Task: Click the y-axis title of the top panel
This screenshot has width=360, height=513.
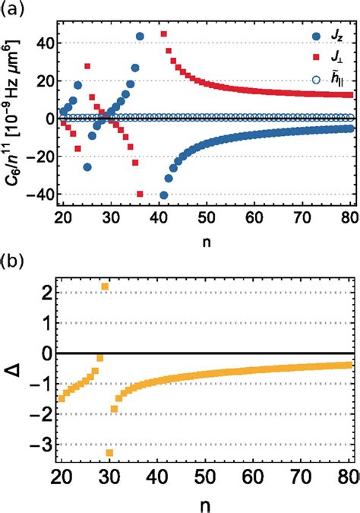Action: pyautogui.click(x=11, y=118)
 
